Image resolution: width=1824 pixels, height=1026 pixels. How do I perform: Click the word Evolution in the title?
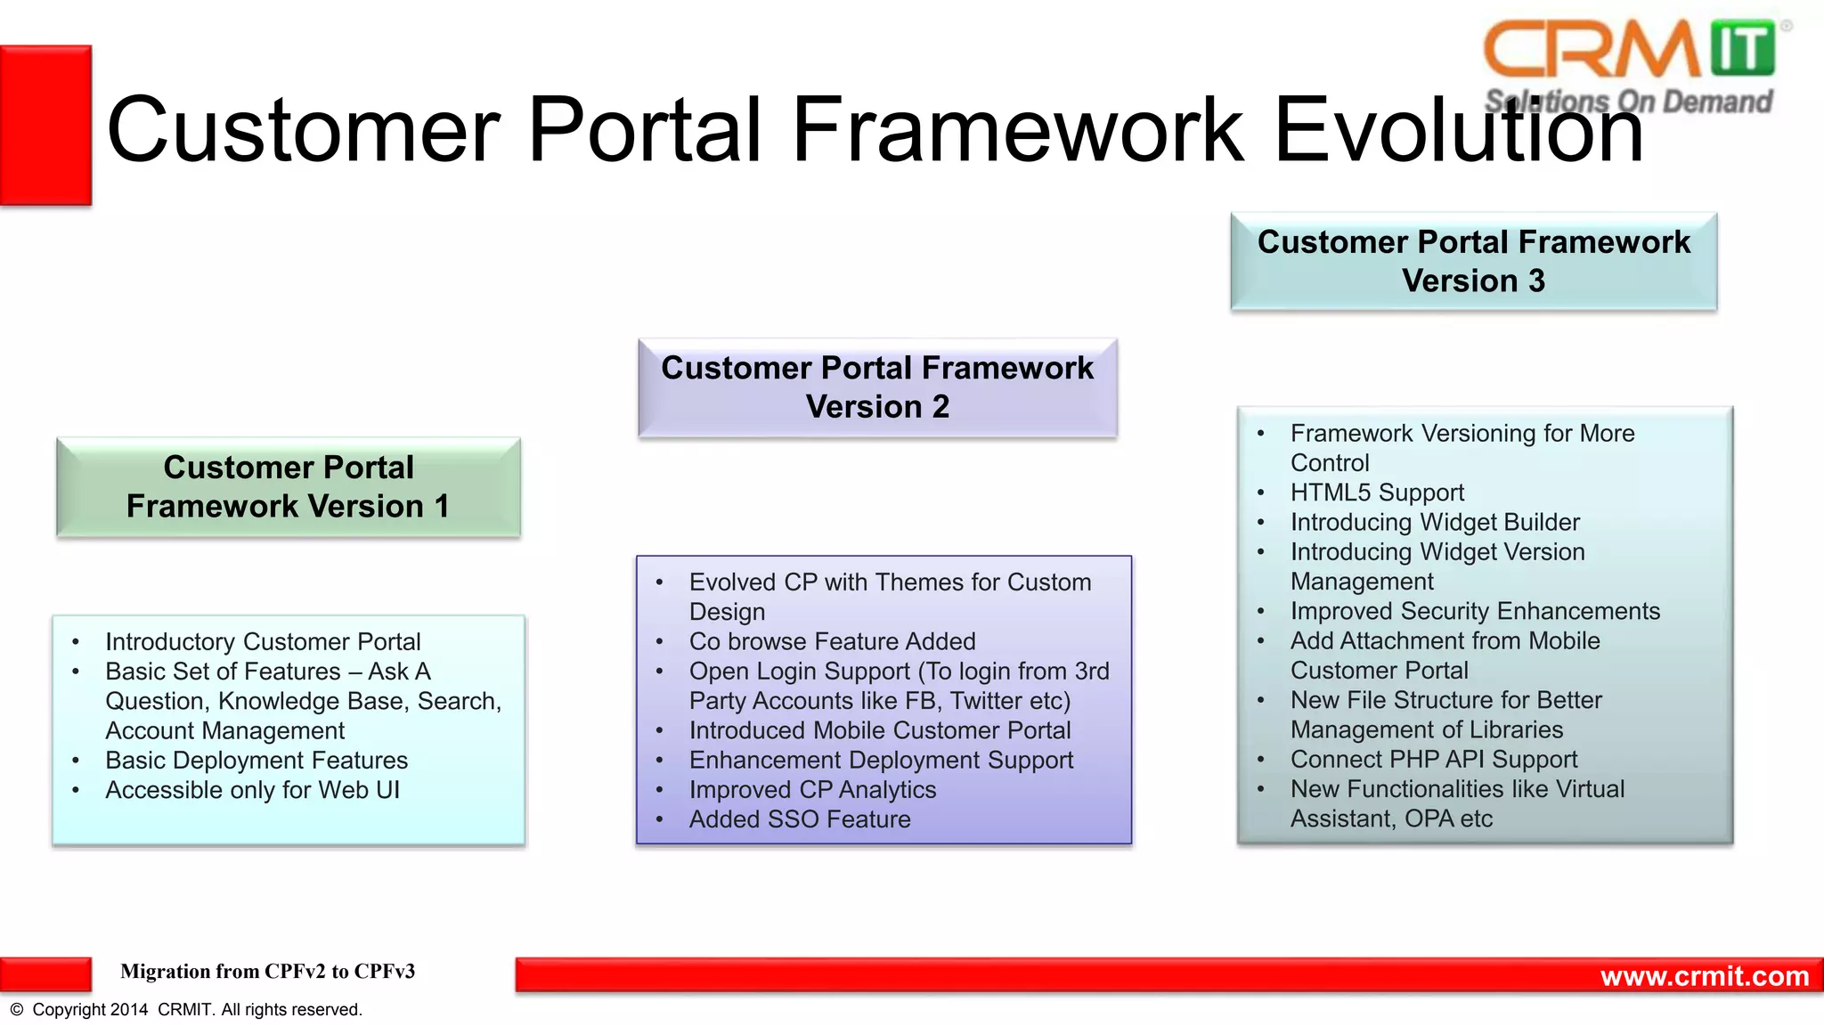[x=1458, y=130]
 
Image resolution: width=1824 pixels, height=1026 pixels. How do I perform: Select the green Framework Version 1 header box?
[x=288, y=486]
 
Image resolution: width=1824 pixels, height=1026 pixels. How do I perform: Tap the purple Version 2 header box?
[x=877, y=387]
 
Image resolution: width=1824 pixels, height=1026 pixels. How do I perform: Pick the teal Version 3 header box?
[x=1473, y=261]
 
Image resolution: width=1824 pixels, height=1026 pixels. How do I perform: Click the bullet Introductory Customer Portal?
[x=263, y=641]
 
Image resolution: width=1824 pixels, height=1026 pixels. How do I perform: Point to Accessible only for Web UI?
[x=252, y=790]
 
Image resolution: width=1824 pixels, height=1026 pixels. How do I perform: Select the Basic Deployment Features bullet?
[x=256, y=761]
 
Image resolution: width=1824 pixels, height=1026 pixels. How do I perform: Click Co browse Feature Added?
[x=832, y=641]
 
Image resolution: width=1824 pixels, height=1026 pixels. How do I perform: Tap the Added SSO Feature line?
[x=799, y=819]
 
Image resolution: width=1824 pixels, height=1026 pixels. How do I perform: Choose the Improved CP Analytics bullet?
[x=812, y=790]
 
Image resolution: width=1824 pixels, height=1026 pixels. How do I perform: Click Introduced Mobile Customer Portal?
[x=879, y=730]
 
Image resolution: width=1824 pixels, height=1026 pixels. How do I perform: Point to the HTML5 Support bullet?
[x=1377, y=493]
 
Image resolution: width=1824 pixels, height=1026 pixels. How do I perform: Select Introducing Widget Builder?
[x=1435, y=522]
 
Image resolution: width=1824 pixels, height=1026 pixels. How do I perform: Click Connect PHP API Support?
[x=1434, y=760]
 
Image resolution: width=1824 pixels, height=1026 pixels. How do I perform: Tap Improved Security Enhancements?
[x=1475, y=611]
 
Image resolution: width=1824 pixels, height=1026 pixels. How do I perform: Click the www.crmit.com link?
[x=1704, y=976]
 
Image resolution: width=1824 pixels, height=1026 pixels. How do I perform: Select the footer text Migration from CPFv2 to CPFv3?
[x=267, y=972]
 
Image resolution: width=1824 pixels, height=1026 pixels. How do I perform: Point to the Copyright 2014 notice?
[x=186, y=1010]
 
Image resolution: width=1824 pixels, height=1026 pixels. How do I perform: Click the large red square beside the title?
[x=45, y=126]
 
